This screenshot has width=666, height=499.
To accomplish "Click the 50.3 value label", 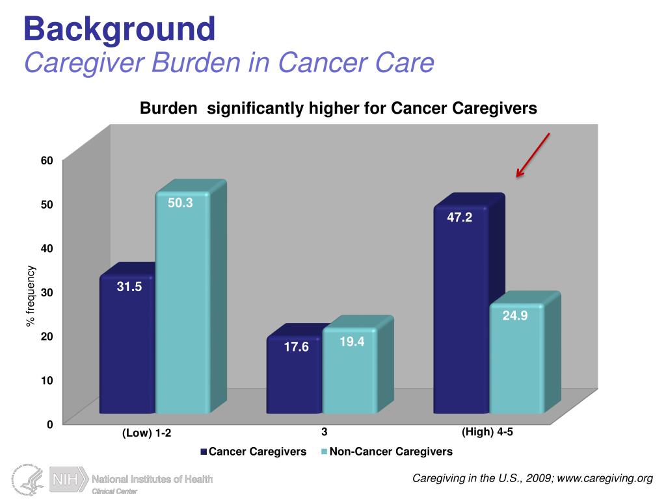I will [180, 203].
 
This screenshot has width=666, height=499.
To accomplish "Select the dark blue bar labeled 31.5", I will [127, 344].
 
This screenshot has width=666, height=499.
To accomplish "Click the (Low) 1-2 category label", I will [147, 433].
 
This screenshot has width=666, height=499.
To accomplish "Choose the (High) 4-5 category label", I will [487, 431].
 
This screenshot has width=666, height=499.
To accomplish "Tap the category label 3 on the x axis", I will [323, 431].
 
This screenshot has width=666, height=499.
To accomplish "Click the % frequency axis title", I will [31, 296].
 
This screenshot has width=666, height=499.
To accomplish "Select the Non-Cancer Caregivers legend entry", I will [390, 452].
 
